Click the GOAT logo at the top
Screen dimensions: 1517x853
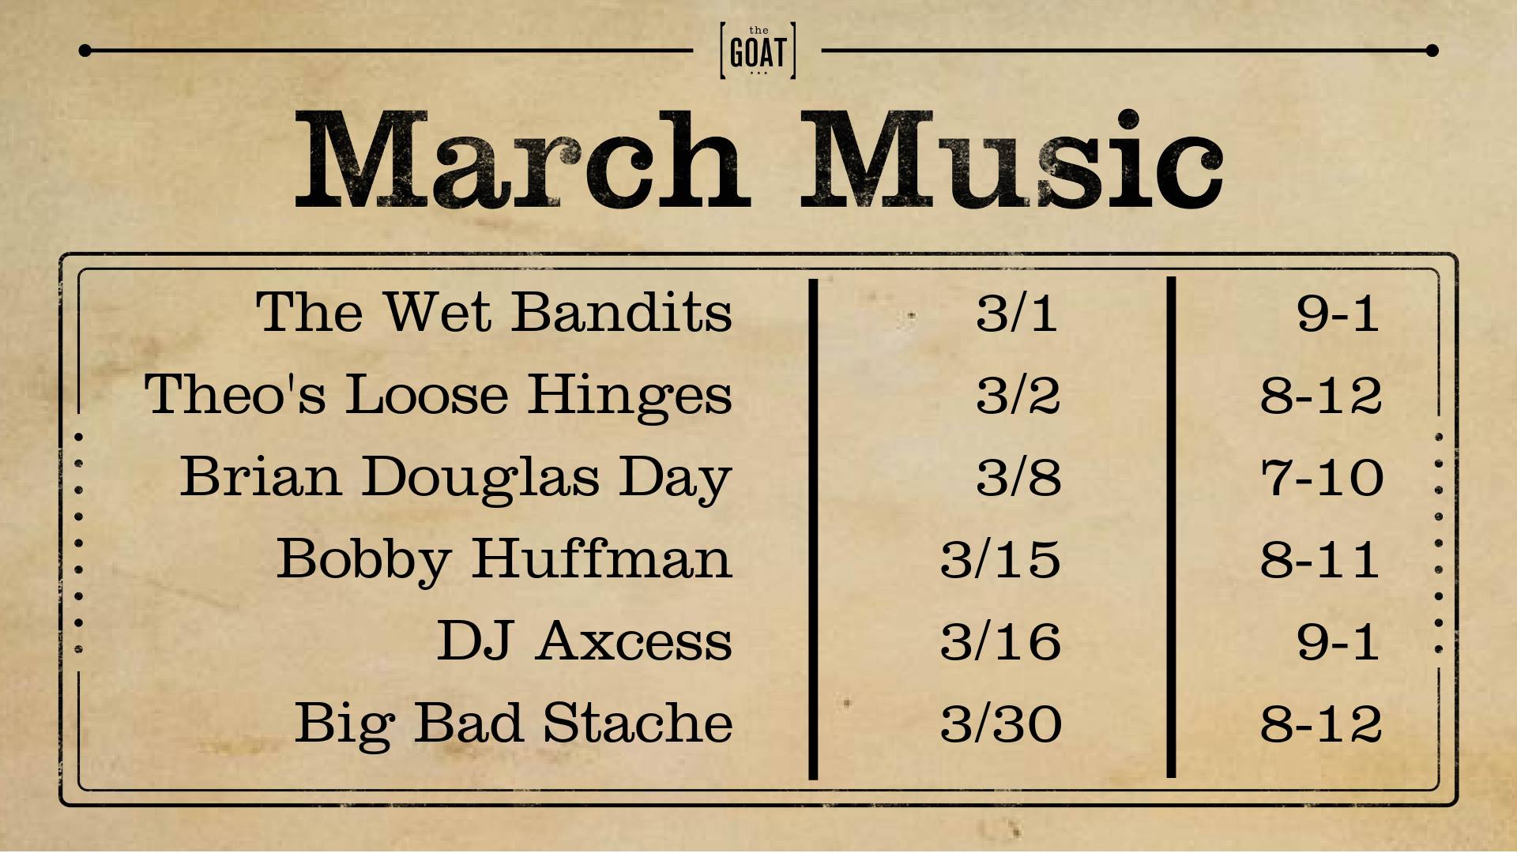pos(758,51)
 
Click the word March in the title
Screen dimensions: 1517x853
pos(522,160)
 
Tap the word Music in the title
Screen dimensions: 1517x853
pos(1013,160)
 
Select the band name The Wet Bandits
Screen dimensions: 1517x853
pos(494,312)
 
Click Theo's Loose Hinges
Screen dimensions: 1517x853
pos(438,394)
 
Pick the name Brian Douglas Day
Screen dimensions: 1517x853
pos(456,478)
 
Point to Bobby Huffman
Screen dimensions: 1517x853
pos(504,559)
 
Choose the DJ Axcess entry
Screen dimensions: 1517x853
pos(585,641)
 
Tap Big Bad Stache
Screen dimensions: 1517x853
pos(514,723)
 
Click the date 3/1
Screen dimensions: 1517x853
pos(1017,313)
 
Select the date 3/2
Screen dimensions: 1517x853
pos(1018,395)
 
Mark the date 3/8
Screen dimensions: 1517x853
pos(1018,478)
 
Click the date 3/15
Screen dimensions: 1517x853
pos(1000,559)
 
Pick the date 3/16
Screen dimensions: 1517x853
pos(1000,641)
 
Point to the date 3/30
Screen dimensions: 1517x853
pos(1001,723)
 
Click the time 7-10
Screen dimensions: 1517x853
pos(1322,478)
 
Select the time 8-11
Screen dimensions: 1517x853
pos(1320,559)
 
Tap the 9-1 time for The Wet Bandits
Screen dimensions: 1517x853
pos(1338,313)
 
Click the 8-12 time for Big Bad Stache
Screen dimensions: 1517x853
pos(1321,723)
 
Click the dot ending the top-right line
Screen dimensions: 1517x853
pos(1432,51)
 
